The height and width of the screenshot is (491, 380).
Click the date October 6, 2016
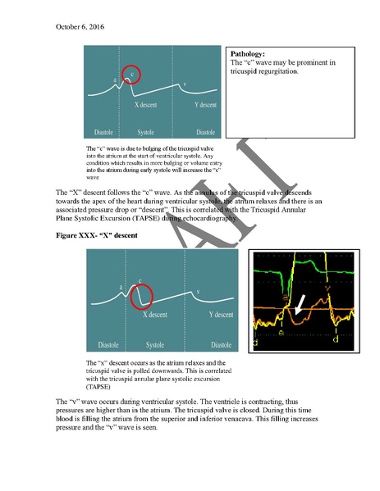click(80, 27)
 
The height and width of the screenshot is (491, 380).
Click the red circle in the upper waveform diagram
click(129, 76)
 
